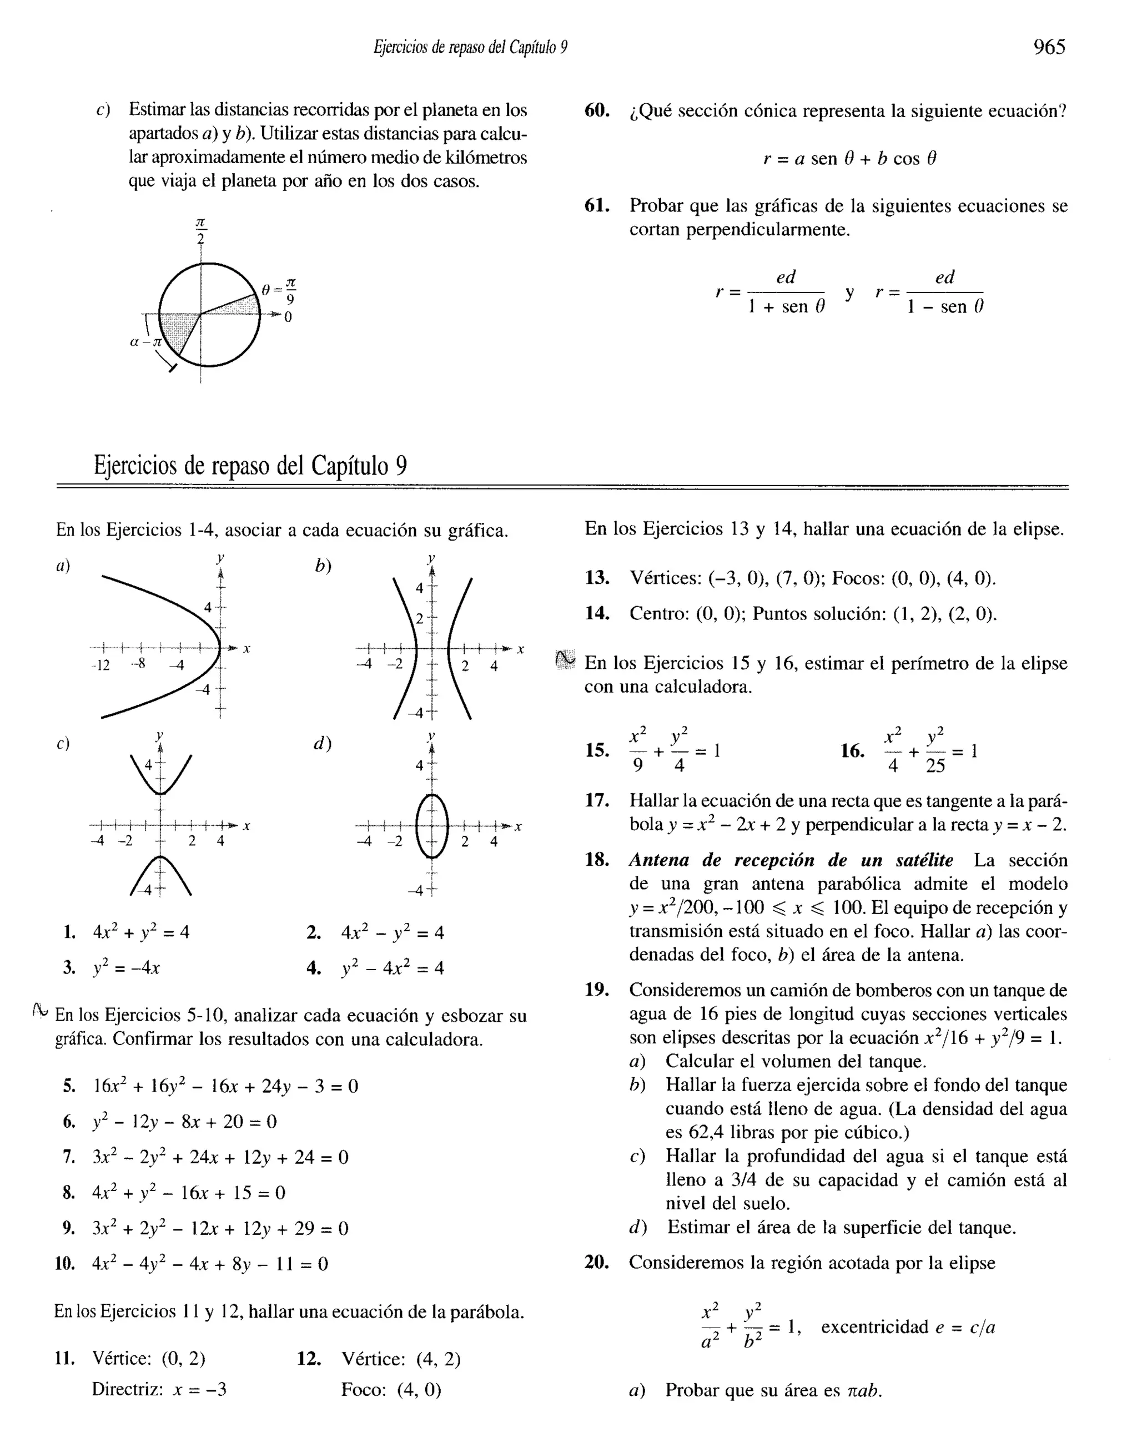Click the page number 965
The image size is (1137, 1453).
1049,47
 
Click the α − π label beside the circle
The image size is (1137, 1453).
145,342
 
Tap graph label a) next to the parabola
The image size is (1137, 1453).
63,566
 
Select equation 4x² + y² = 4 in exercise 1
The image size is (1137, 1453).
141,932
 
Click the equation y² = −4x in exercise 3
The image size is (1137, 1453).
127,967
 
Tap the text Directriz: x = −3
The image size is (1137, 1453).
159,1390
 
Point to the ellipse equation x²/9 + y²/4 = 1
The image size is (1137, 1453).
675,751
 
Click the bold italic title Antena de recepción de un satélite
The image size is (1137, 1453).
791,860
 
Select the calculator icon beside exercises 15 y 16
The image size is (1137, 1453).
565,660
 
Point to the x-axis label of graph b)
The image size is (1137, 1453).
521,649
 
